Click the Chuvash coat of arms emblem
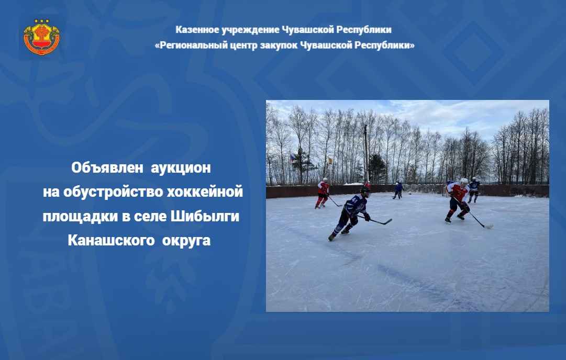(x=41, y=37)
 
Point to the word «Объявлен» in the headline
(x=107, y=168)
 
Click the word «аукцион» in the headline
(x=181, y=168)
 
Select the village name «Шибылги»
(x=205, y=217)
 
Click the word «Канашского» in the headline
(x=111, y=241)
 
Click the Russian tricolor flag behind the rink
(x=292, y=157)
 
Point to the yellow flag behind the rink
(x=330, y=161)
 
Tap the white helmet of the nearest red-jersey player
(x=464, y=181)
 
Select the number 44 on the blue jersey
(x=354, y=199)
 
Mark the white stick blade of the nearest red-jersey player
(x=489, y=227)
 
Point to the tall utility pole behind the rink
(x=366, y=154)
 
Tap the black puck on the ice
(x=409, y=194)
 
